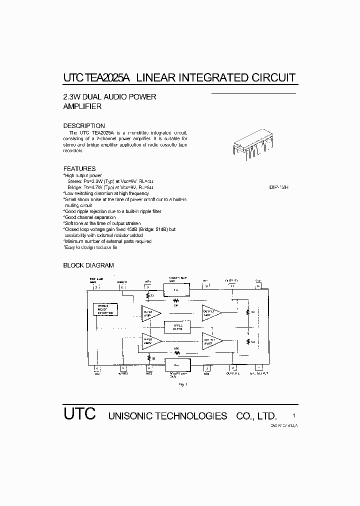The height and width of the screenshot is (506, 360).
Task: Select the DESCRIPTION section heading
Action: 84,125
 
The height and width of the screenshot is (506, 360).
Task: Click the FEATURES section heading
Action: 79,168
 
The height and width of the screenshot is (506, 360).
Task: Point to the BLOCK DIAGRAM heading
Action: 88,265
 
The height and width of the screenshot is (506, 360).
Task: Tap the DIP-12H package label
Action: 279,187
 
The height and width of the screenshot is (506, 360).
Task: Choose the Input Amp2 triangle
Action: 149,341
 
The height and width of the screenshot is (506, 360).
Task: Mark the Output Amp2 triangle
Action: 211,341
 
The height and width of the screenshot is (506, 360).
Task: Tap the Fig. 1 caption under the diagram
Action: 182,384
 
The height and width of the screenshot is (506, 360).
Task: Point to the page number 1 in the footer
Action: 294,415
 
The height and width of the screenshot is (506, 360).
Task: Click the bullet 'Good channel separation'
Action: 89,217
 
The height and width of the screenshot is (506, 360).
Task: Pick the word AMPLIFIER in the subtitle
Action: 82,106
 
